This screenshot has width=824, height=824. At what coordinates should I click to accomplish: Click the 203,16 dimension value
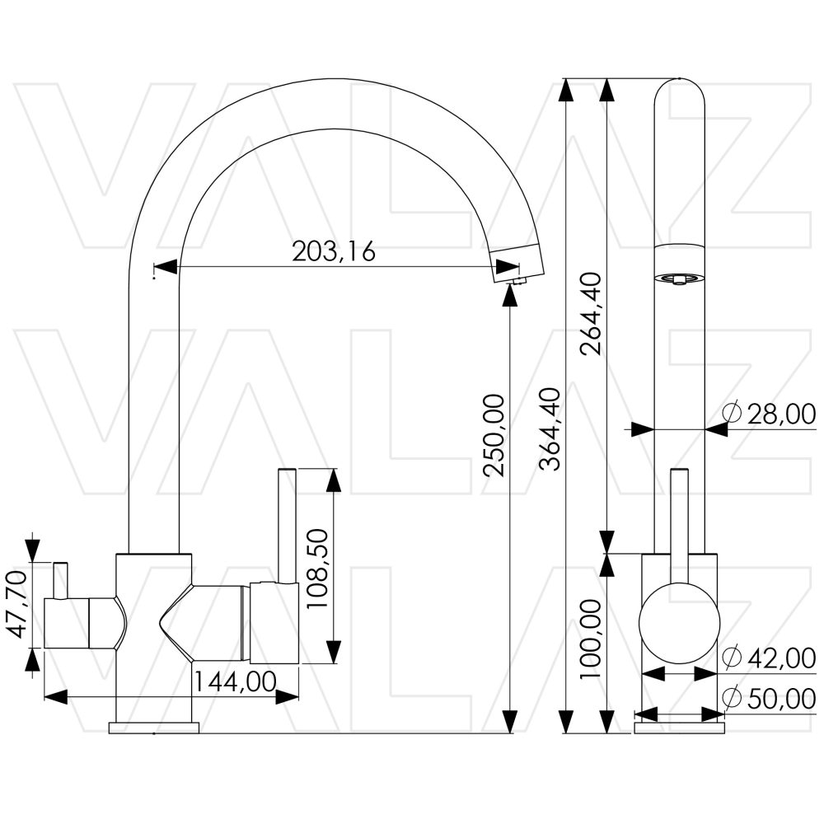tap(334, 250)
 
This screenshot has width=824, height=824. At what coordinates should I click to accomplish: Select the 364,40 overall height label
tap(551, 428)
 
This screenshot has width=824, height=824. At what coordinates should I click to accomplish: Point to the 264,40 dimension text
tap(591, 313)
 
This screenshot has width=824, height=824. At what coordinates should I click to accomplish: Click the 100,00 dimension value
tap(591, 639)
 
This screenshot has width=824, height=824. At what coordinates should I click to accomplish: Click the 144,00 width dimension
tap(235, 681)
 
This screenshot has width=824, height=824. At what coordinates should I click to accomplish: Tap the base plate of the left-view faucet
tap(155, 727)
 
